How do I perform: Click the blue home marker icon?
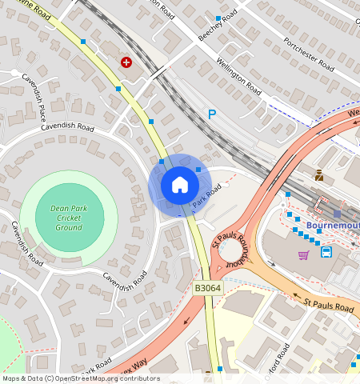[180, 185]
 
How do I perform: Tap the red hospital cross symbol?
[126, 62]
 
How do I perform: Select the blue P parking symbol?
[212, 114]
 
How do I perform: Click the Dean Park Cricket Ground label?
[68, 218]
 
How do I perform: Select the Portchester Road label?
[308, 54]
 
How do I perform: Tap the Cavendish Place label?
[35, 93]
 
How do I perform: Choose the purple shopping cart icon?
[303, 255]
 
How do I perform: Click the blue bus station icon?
[326, 252]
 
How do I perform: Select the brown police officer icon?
[319, 175]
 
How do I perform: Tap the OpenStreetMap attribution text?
[81, 378]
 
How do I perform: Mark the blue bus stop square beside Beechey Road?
[218, 18]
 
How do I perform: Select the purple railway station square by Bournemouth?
[337, 214]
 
